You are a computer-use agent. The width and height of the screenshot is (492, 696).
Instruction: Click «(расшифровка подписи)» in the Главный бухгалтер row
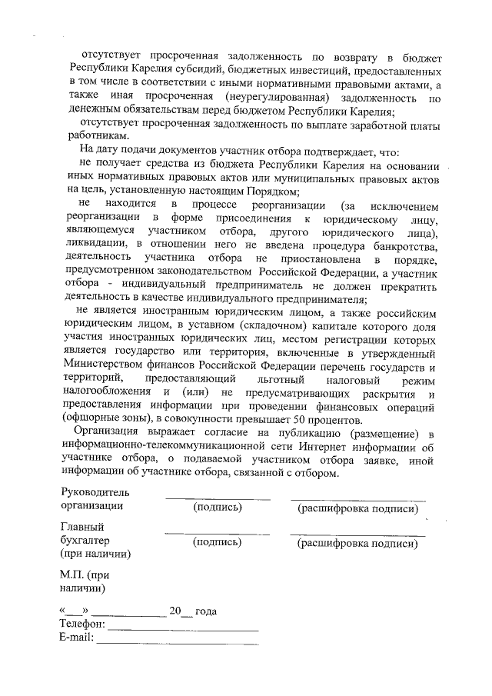(357, 544)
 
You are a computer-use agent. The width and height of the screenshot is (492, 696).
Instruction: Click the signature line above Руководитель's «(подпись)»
(218, 498)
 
